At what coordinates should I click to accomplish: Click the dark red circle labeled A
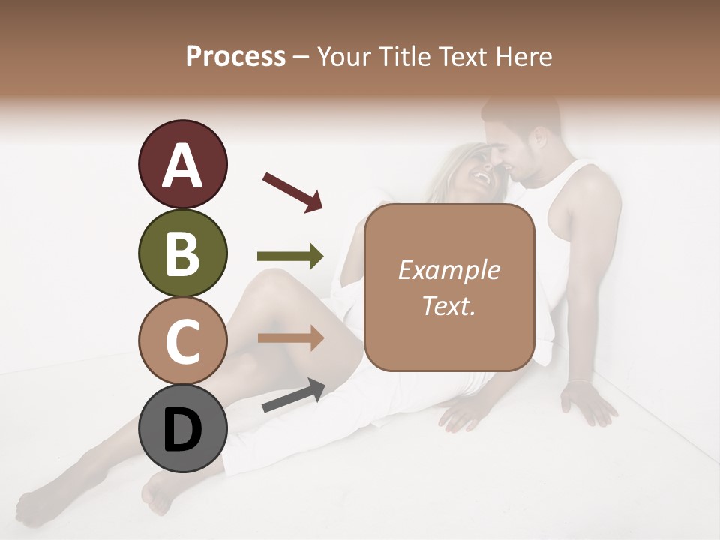coord(182,164)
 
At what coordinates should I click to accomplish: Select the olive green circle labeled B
coord(182,253)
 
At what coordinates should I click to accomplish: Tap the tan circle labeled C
coord(182,340)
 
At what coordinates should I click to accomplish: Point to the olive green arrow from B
coord(290,256)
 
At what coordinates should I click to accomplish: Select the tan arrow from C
coord(290,337)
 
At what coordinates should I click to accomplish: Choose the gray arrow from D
coord(293,395)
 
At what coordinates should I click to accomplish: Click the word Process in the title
coord(235,56)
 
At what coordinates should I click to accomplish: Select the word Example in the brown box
coord(448,270)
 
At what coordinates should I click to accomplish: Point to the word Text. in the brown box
coord(448,305)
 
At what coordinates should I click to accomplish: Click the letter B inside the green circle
coord(182,253)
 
